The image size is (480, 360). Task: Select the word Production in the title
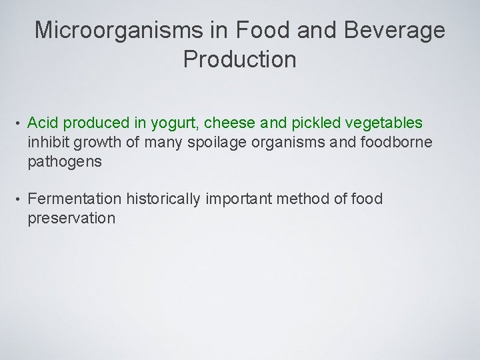239,59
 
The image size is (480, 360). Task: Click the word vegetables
383,123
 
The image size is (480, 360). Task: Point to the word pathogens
65,161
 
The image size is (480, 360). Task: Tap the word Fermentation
75,199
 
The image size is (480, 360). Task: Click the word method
313,199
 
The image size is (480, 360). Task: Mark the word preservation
71,219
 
